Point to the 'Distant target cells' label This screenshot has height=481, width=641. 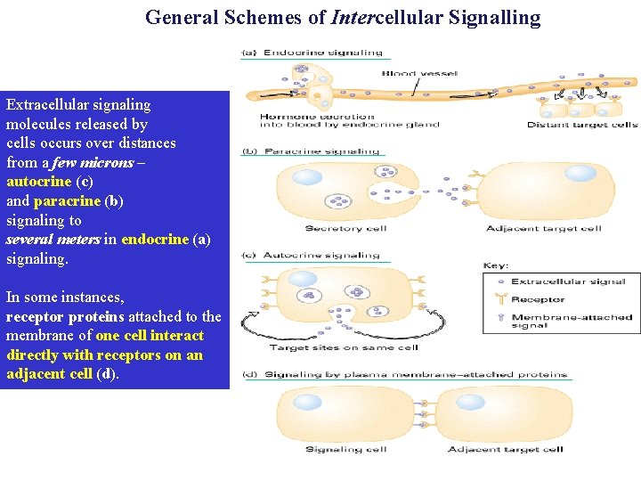click(582, 125)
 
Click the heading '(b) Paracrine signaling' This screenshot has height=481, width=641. click(312, 151)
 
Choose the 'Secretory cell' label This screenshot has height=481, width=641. click(345, 229)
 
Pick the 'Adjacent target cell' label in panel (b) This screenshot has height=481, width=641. click(543, 229)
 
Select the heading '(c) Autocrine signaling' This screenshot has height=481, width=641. click(312, 256)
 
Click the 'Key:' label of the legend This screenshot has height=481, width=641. click(496, 265)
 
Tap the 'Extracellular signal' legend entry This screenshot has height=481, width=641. click(568, 281)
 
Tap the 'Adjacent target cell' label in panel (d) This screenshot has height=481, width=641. click(505, 449)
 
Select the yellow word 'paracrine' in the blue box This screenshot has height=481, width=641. click(67, 200)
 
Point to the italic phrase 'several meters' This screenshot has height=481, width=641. click(53, 240)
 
